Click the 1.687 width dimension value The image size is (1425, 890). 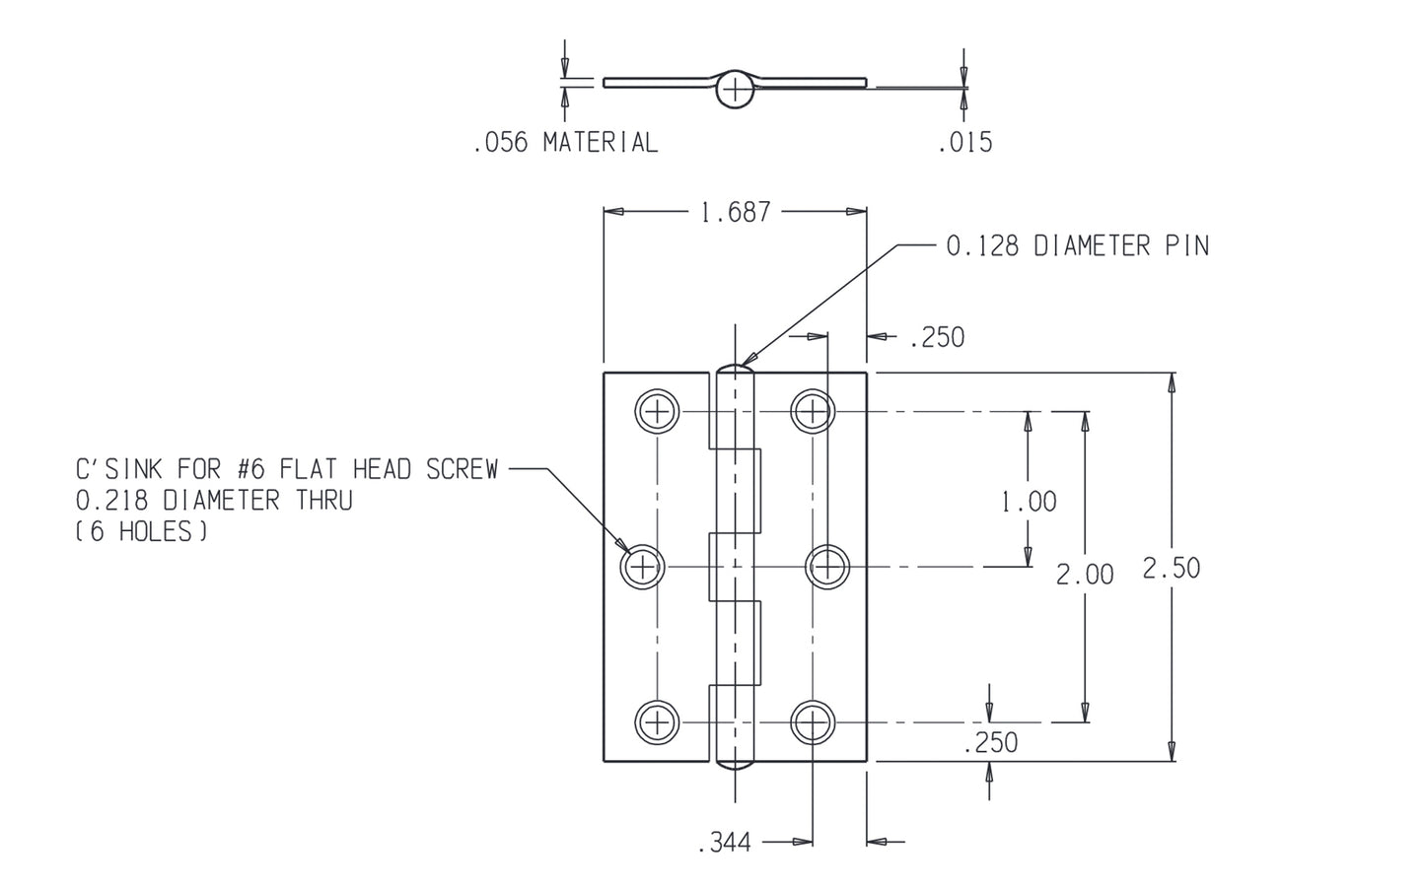(x=735, y=212)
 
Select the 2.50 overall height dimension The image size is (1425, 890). (x=1171, y=568)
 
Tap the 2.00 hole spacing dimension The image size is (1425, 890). (x=1085, y=574)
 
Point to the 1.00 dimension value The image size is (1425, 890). (x=1029, y=502)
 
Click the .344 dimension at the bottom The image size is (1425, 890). (x=725, y=843)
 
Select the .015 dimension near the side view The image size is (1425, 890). (x=964, y=143)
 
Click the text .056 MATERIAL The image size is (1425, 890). (x=565, y=143)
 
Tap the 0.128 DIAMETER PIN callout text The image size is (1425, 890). (x=1077, y=246)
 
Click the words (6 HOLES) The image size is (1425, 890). (x=141, y=532)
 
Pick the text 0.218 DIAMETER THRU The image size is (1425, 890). (x=214, y=501)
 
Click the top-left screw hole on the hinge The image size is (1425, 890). (x=658, y=411)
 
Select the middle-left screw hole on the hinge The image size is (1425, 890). (x=643, y=567)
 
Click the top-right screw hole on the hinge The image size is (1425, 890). (x=812, y=411)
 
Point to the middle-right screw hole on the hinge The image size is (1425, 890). (x=828, y=567)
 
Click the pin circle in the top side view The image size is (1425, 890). (x=735, y=89)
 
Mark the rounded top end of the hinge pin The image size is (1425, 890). (x=735, y=370)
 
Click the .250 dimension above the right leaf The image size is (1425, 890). (x=937, y=338)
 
